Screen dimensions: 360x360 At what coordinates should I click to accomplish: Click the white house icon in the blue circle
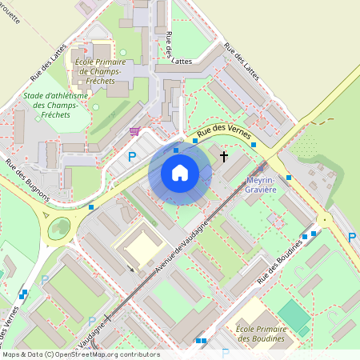tap(180, 172)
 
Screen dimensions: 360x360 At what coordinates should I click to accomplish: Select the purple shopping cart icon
tap(134, 131)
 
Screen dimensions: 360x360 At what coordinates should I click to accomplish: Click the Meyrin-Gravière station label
tap(261, 185)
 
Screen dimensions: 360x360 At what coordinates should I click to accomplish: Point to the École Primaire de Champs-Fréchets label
tap(98, 71)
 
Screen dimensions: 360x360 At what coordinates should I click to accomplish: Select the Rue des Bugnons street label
tap(27, 180)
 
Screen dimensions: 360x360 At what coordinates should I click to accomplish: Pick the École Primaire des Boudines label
tap(261, 333)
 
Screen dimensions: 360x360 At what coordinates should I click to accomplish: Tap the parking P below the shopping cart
tap(132, 157)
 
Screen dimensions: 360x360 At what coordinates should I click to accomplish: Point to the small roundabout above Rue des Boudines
tap(325, 220)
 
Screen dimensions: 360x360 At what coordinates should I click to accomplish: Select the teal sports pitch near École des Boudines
tap(294, 318)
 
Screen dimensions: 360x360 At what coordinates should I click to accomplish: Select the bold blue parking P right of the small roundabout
tap(352, 238)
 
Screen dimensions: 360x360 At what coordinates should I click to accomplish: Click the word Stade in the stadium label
tap(34, 96)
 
